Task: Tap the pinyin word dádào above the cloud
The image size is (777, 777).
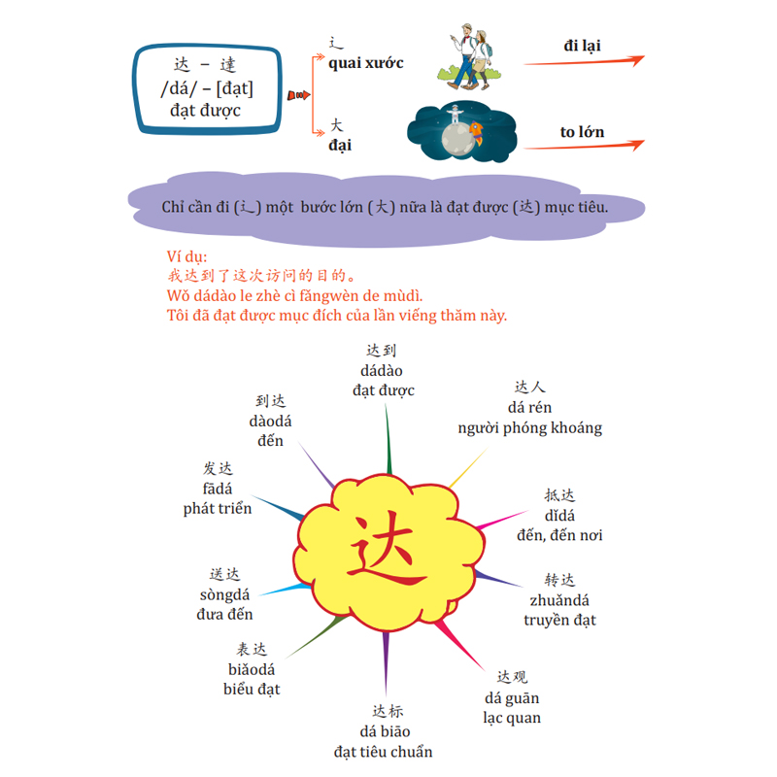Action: [x=382, y=370]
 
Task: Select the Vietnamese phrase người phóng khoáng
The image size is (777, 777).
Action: [x=529, y=427]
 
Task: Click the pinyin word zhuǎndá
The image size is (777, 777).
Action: [x=559, y=600]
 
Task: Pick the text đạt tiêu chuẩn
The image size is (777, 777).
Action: [x=383, y=752]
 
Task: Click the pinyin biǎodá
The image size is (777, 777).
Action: [x=251, y=669]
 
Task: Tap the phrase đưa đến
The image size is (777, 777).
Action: [x=224, y=614]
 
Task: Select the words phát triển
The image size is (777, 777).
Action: [x=217, y=508]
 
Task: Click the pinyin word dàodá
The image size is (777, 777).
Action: [x=270, y=421]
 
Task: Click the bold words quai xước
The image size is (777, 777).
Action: [x=366, y=63]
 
